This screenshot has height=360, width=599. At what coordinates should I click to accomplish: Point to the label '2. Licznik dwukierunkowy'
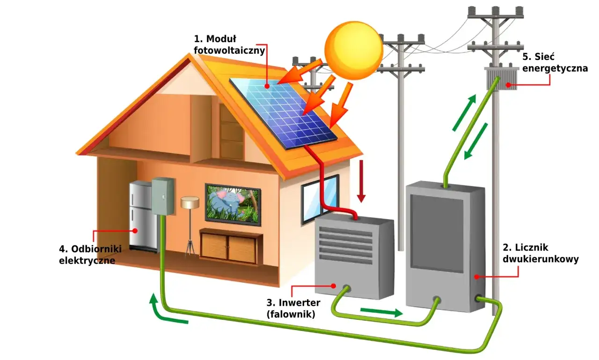541,253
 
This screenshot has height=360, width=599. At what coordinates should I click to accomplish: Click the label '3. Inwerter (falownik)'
290,308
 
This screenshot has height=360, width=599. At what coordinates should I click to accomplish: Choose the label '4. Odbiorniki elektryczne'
87,255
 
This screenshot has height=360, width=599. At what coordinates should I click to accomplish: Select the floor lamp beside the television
190,225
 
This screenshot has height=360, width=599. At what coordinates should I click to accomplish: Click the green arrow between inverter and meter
381,312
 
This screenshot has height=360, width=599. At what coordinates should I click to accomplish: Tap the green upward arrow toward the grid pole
464,112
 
